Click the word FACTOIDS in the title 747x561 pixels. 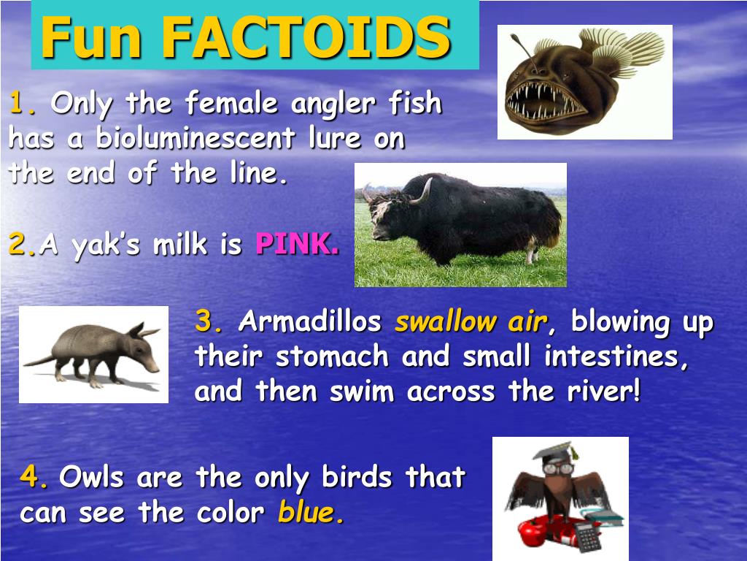coord(306,37)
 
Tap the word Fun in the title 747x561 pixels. coord(90,37)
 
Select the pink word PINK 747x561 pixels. coord(298,244)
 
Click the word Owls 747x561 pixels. coord(91,476)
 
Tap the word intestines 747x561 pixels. coord(617,356)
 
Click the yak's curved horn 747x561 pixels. coord(423,192)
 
